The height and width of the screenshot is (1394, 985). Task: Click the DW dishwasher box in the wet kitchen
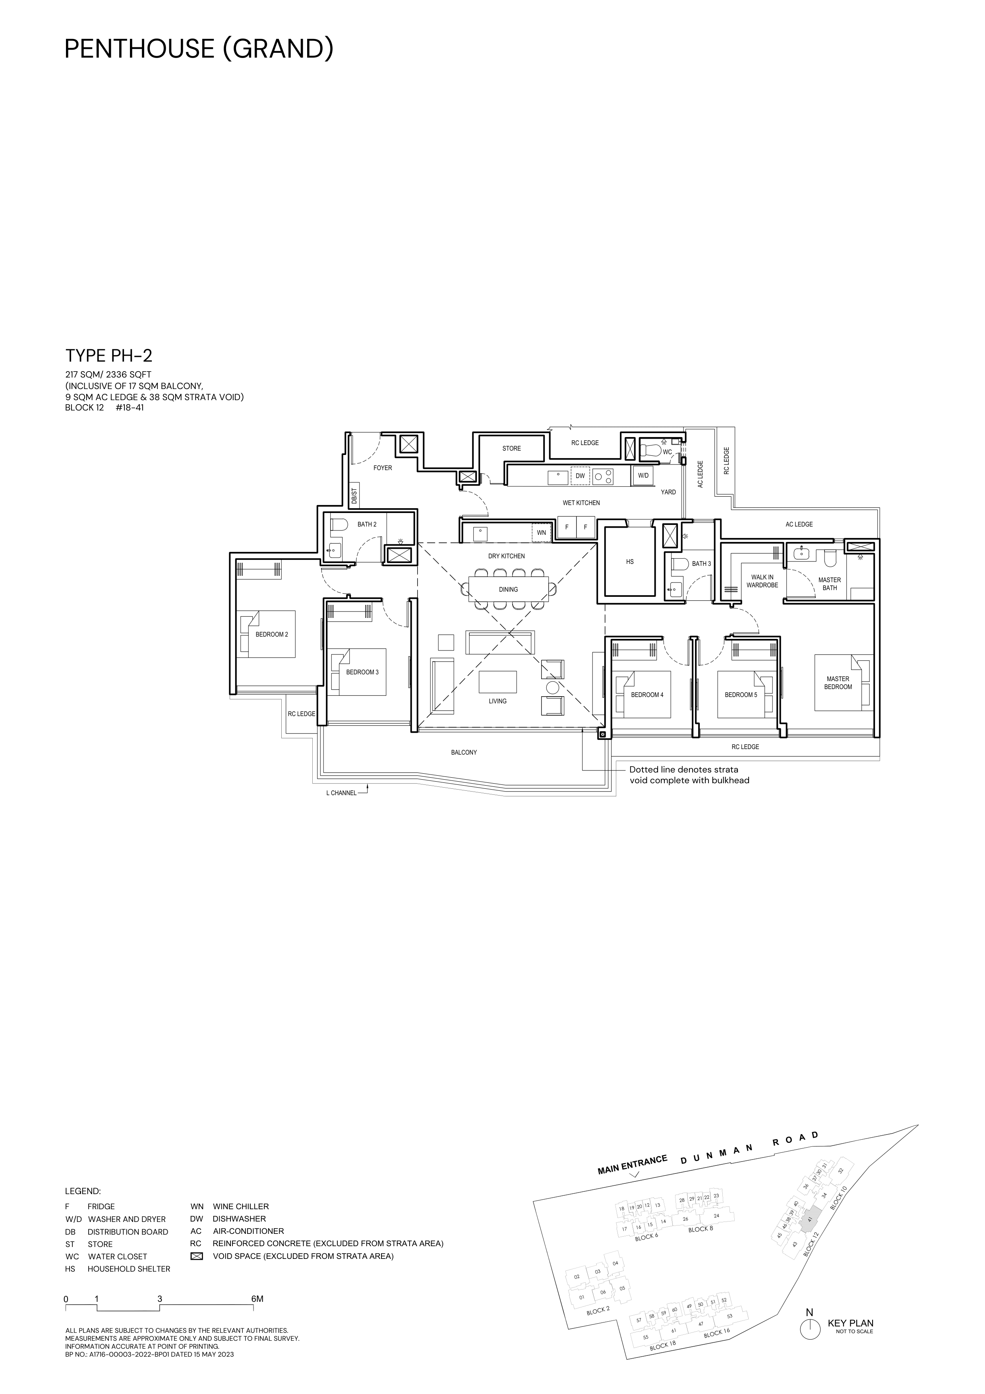pyautogui.click(x=580, y=476)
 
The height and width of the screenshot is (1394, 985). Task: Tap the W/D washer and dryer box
pyautogui.click(x=643, y=476)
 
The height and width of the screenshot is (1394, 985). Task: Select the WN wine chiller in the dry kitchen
pyautogui.click(x=541, y=532)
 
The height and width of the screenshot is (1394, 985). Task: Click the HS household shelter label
pyautogui.click(x=629, y=561)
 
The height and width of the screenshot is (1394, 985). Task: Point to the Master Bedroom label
pyautogui.click(x=838, y=683)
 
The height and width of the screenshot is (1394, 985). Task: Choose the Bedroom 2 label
pyautogui.click(x=271, y=635)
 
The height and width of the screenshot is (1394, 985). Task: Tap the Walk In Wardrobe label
pyautogui.click(x=762, y=581)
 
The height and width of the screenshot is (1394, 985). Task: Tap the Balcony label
pyautogui.click(x=464, y=752)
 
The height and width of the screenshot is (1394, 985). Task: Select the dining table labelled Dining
pyautogui.click(x=509, y=589)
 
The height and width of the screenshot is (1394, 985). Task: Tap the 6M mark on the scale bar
pyautogui.click(x=257, y=1299)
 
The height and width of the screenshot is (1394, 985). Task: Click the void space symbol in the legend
pyautogui.click(x=196, y=1256)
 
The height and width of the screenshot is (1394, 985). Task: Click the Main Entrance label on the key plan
pyautogui.click(x=633, y=1165)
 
